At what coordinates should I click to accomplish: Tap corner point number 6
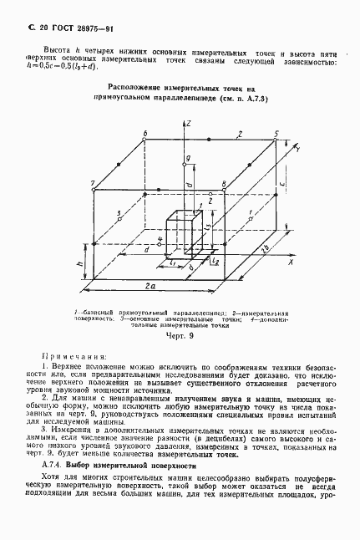tap(145, 133)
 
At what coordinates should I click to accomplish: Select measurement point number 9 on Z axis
tap(189, 157)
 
